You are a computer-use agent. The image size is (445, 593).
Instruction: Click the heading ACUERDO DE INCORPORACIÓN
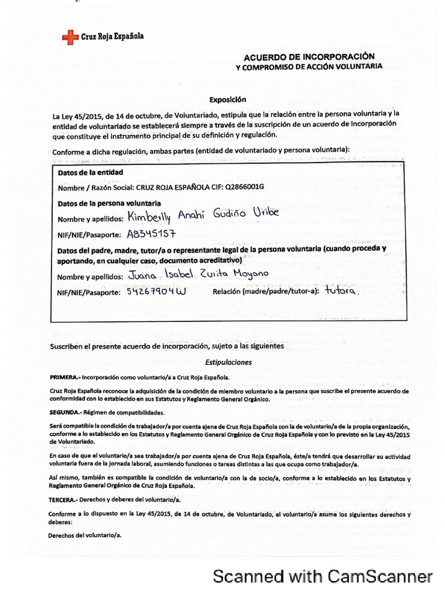pos(309,57)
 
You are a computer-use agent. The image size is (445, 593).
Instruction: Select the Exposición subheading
pos(224,99)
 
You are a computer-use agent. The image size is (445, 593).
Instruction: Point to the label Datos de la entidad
pos(90,172)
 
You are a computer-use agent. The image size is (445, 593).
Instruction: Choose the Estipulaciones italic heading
pos(229,362)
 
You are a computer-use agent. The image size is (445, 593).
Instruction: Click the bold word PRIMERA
pos(64,376)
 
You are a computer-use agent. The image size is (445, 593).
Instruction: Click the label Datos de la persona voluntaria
pos(110,203)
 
